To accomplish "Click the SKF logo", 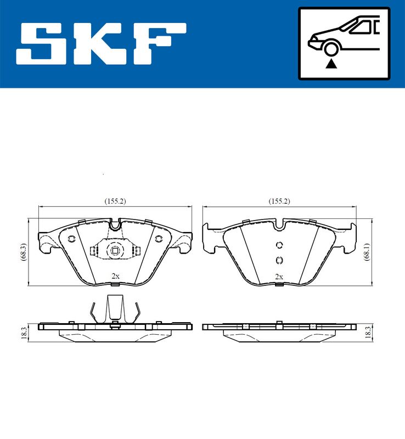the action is pos(101,44).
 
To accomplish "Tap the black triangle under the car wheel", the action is pos(331,64).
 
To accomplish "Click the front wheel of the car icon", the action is pos(331,49).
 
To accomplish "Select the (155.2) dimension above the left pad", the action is pos(115,201).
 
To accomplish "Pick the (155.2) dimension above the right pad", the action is pos(279,201).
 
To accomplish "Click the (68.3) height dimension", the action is pos(24,252).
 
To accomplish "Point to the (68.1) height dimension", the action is pos(367,252).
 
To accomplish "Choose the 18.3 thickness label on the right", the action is pos(368,333).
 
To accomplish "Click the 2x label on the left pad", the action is pos(115,276).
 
